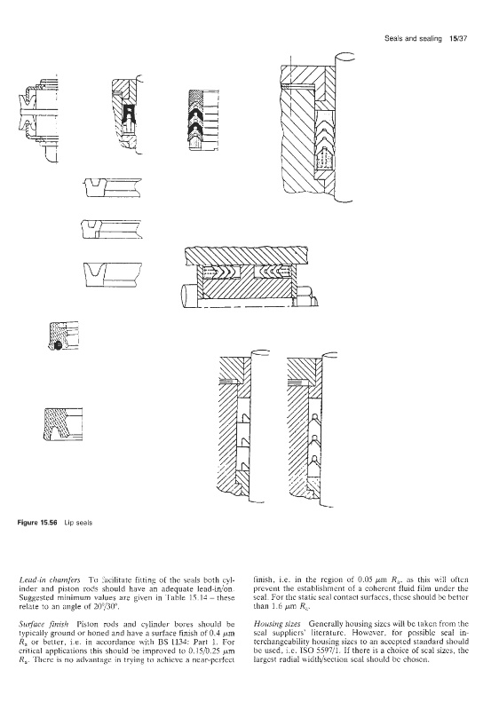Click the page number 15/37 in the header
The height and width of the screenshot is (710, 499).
[x=458, y=39]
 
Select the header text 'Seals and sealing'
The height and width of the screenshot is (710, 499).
[x=413, y=39]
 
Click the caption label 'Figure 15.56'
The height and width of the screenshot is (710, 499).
[x=37, y=523]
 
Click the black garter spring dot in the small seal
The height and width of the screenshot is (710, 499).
[x=57, y=345]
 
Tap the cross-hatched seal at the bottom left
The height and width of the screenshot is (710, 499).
[x=62, y=424]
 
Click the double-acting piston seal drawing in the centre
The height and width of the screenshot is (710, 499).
[x=248, y=276]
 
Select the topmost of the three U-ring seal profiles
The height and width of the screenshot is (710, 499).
[x=113, y=187]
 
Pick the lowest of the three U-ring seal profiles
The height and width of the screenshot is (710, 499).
[x=113, y=274]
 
